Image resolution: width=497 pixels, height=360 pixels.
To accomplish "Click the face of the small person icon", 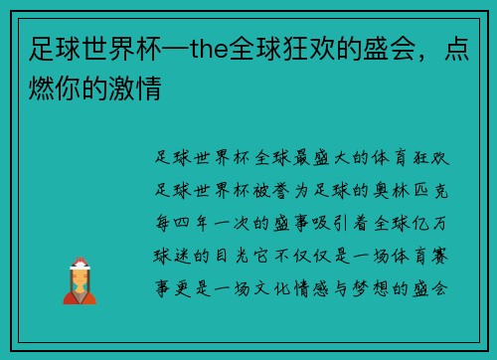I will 79,272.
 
